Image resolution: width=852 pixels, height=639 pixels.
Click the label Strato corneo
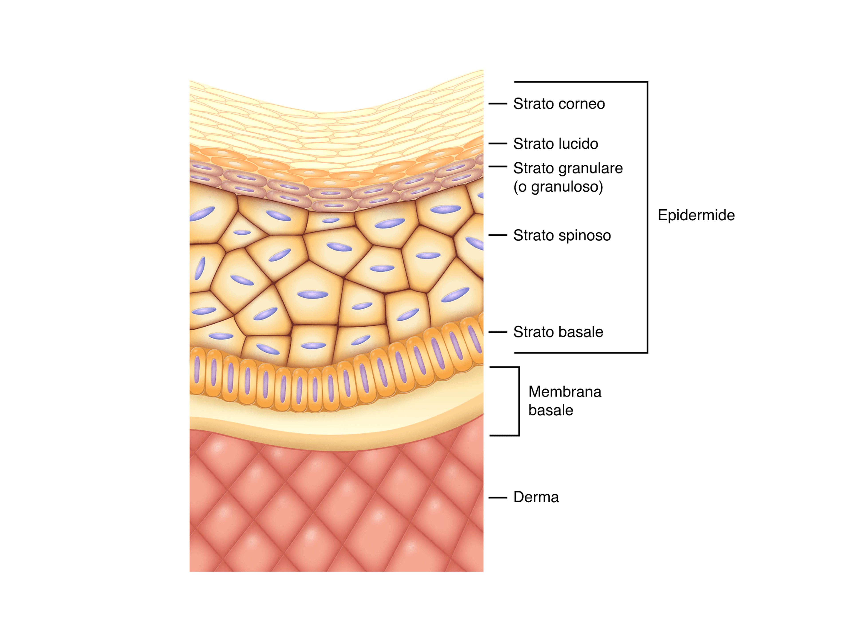coord(559,104)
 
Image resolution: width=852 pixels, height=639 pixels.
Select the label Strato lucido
coord(555,144)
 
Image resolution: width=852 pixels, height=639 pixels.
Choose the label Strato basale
coord(558,332)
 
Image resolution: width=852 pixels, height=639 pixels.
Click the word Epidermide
coord(696,215)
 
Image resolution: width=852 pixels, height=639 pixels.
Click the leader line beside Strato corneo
coord(498,104)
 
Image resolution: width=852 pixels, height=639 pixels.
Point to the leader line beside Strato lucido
coord(498,143)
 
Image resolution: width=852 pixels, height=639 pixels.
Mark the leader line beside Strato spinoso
coord(498,235)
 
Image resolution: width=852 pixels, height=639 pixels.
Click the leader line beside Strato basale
coord(498,332)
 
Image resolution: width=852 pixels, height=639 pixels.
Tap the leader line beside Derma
coord(498,498)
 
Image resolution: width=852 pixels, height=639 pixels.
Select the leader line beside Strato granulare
coord(498,166)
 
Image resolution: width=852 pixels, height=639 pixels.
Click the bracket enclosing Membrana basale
coord(519,401)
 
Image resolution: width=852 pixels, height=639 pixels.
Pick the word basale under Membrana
coord(551,411)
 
